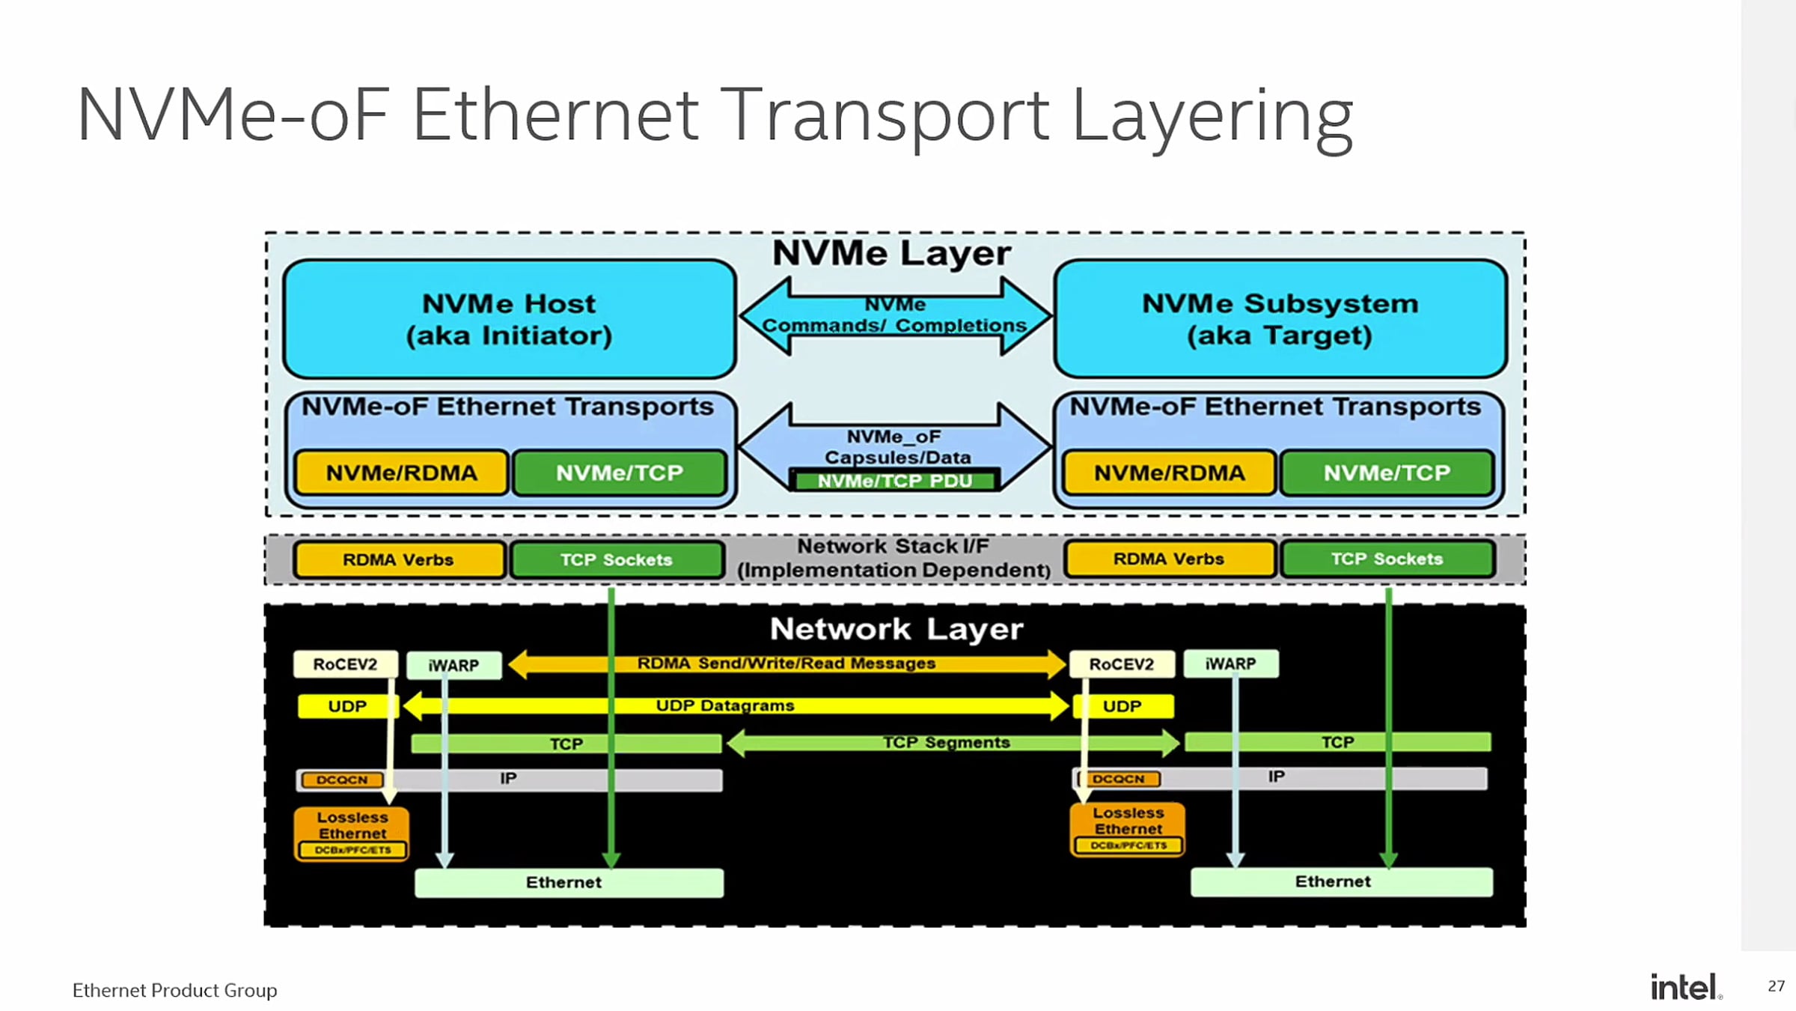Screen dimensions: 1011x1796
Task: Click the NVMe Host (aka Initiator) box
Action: [x=509, y=319]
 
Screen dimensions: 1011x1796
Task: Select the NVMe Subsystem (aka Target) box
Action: [x=1280, y=319]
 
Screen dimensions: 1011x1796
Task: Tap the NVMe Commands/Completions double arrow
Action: [x=895, y=315]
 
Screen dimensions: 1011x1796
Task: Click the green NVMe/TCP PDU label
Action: [x=895, y=481]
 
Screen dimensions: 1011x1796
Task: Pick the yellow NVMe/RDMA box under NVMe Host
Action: [x=402, y=473]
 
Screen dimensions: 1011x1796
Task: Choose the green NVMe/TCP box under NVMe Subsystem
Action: [x=1387, y=473]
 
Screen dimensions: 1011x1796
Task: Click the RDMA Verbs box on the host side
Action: [x=398, y=559]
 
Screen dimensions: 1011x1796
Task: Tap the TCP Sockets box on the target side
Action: [x=1387, y=559]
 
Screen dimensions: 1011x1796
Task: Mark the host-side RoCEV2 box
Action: [x=345, y=664]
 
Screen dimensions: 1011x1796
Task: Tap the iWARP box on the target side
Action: [x=1230, y=664]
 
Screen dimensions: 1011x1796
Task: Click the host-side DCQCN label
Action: [x=342, y=780]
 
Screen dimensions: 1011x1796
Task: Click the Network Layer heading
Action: [x=896, y=629]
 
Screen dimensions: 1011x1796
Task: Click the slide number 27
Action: [x=1776, y=986]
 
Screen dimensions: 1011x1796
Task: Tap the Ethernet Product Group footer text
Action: [x=174, y=990]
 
